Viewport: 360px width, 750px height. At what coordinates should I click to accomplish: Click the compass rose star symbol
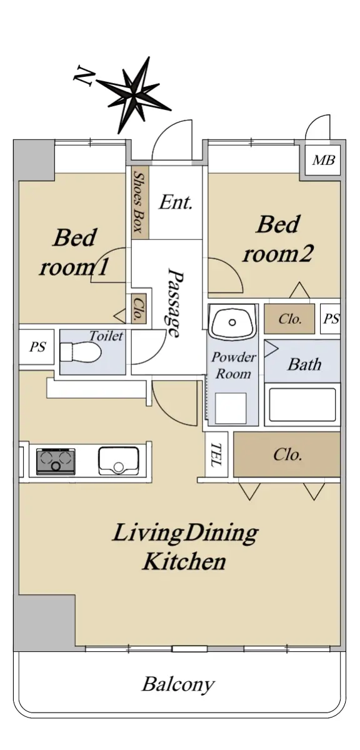click(x=134, y=95)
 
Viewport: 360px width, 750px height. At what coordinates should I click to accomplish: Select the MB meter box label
click(x=324, y=161)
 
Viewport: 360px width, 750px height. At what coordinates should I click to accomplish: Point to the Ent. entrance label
click(x=176, y=202)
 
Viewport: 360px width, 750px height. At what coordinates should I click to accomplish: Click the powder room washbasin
click(x=232, y=322)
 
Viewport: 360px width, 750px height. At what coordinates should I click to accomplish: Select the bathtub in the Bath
click(x=302, y=405)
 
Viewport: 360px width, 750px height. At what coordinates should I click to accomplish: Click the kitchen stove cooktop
click(x=56, y=462)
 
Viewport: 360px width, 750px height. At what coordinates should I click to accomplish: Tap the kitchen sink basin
click(x=119, y=461)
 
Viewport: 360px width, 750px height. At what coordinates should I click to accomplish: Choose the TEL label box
click(x=216, y=454)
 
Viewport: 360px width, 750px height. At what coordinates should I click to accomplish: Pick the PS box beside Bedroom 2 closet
click(x=331, y=318)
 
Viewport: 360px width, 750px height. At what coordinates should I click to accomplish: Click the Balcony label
click(x=177, y=685)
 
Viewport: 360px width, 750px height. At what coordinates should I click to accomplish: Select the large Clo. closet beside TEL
click(x=287, y=454)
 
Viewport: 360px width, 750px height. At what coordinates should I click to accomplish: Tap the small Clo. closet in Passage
click(x=139, y=309)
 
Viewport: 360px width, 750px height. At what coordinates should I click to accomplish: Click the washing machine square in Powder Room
click(x=231, y=408)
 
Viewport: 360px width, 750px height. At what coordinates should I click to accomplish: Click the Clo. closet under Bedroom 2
click(x=289, y=319)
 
